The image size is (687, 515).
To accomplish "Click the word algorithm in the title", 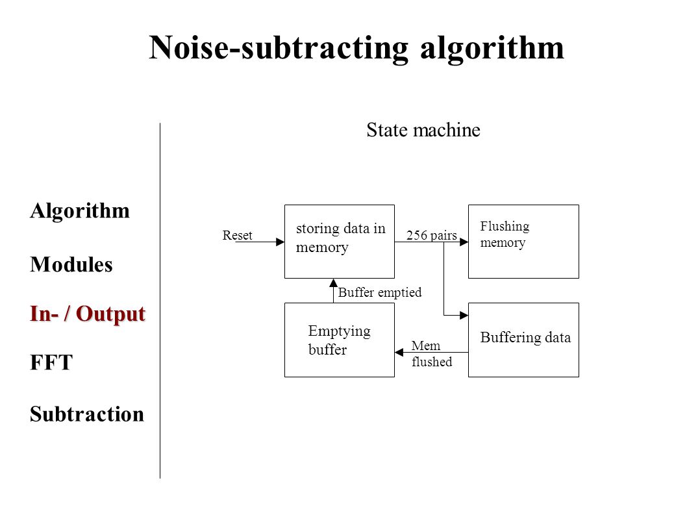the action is tap(492, 48).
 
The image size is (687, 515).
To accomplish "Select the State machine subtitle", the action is tap(423, 130).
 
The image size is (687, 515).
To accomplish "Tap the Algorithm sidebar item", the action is tap(80, 211).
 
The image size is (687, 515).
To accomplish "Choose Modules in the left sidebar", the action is tap(71, 264).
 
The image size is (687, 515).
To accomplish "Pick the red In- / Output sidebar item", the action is tap(88, 314).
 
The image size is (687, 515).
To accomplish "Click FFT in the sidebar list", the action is tap(51, 362).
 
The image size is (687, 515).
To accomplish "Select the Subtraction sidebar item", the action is tap(87, 414).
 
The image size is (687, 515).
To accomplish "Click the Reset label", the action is tap(237, 235).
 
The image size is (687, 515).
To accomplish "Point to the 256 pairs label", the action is tap(432, 235).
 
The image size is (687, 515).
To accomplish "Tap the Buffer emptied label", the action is tap(380, 292).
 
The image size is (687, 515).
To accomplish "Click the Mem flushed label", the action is tap(432, 354).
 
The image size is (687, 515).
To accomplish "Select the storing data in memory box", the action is tap(340, 242).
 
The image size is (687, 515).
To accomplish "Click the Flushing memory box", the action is tap(523, 242).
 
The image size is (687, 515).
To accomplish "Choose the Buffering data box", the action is tap(523, 340).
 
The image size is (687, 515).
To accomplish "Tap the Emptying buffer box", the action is tap(340, 340).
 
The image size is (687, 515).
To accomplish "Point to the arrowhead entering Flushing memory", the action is tap(464, 242).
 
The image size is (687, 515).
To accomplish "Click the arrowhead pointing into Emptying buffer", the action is tap(399, 352).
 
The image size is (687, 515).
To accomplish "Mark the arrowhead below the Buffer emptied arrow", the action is tap(333, 283).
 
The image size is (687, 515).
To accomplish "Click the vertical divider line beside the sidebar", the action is tap(160, 301).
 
